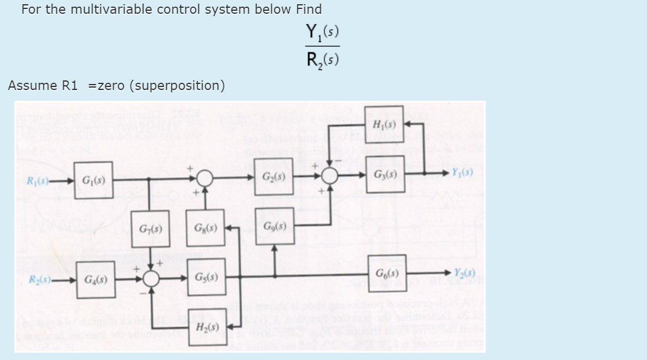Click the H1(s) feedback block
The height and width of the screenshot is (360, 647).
383,125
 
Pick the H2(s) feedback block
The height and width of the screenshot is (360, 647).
206,328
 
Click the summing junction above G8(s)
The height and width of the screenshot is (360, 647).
205,178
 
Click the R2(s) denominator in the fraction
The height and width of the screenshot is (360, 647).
323,59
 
